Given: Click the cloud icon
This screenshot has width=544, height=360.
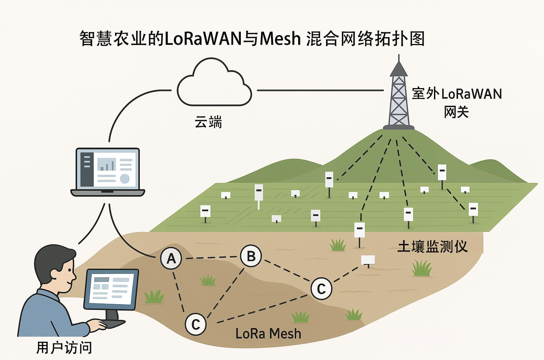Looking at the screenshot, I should [x=214, y=84].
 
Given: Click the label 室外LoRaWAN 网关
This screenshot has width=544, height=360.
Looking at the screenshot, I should [x=457, y=102].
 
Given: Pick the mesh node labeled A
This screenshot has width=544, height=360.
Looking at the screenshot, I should [x=171, y=258].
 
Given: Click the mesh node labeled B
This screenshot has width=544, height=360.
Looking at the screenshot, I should [x=251, y=256].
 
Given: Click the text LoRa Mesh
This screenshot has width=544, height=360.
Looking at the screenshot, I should [x=268, y=334].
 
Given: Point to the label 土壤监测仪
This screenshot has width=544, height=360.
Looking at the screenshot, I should [x=433, y=246].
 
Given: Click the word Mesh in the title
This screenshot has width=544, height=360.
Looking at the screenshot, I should [x=280, y=38].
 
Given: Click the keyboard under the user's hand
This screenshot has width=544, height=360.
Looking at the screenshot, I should [x=114, y=323].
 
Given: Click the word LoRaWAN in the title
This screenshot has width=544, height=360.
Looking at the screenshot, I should [x=203, y=38].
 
